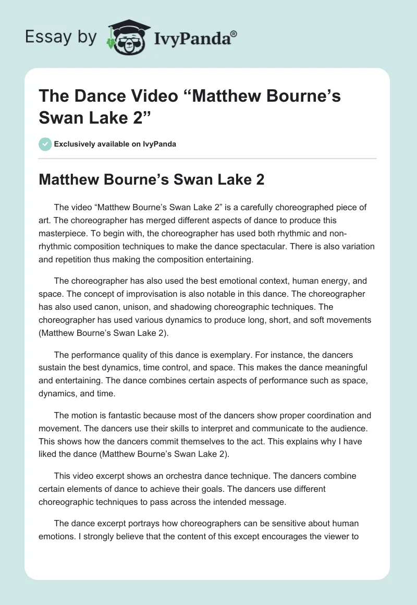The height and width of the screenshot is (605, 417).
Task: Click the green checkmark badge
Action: (x=45, y=144)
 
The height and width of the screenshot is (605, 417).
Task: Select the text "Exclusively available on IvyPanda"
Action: (x=115, y=144)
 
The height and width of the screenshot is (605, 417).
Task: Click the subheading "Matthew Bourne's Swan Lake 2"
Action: (x=152, y=180)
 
